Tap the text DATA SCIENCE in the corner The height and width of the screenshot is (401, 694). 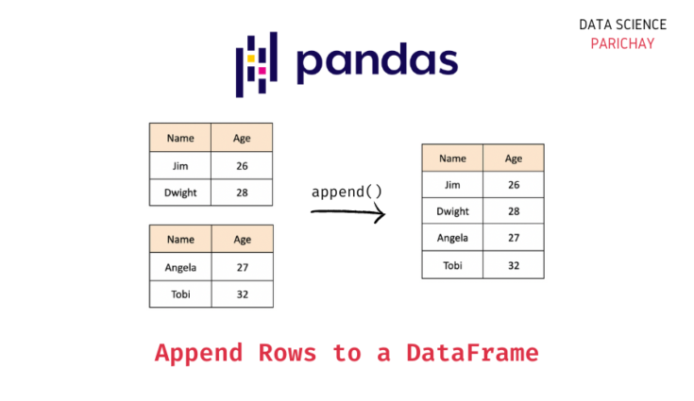coord(623,25)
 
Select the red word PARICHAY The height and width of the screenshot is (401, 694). coord(623,43)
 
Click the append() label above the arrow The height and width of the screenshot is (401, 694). coord(347,192)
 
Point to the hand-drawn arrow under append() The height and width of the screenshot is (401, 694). coord(347,214)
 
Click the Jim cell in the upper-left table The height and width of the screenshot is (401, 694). coord(180,165)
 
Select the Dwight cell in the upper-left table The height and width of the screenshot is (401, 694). coord(180,192)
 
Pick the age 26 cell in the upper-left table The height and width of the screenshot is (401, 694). coord(242,165)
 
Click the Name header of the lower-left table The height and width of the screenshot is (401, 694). coord(180,240)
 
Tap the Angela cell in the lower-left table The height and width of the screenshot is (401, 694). coord(180,267)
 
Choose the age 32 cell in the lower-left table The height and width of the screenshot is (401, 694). coord(242,294)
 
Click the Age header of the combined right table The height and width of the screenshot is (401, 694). coord(514,159)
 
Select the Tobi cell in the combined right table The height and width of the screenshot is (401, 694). coord(453,265)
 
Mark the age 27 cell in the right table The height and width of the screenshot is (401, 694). coord(514,238)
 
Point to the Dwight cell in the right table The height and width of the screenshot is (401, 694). coord(453,211)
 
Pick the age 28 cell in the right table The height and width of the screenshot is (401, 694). coord(514,211)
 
